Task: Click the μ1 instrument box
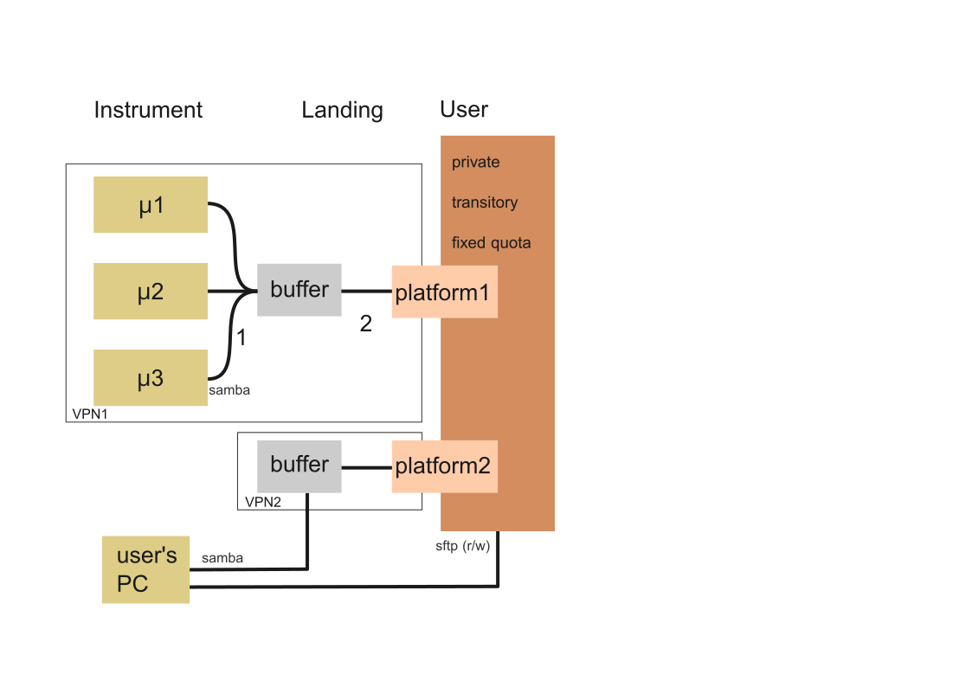151,205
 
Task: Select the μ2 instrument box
151,292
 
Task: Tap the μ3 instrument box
151,378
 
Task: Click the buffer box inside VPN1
299,290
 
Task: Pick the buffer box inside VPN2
299,465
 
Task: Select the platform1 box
444,292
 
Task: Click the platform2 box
444,466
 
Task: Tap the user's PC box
145,569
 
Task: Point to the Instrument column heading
148,110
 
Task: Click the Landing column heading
342,110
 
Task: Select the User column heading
464,110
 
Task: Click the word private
476,163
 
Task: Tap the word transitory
485,202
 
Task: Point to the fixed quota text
491,243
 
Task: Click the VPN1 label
90,414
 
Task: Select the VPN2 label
263,502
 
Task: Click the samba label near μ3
229,390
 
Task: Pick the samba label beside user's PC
222,558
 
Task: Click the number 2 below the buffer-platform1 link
366,324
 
